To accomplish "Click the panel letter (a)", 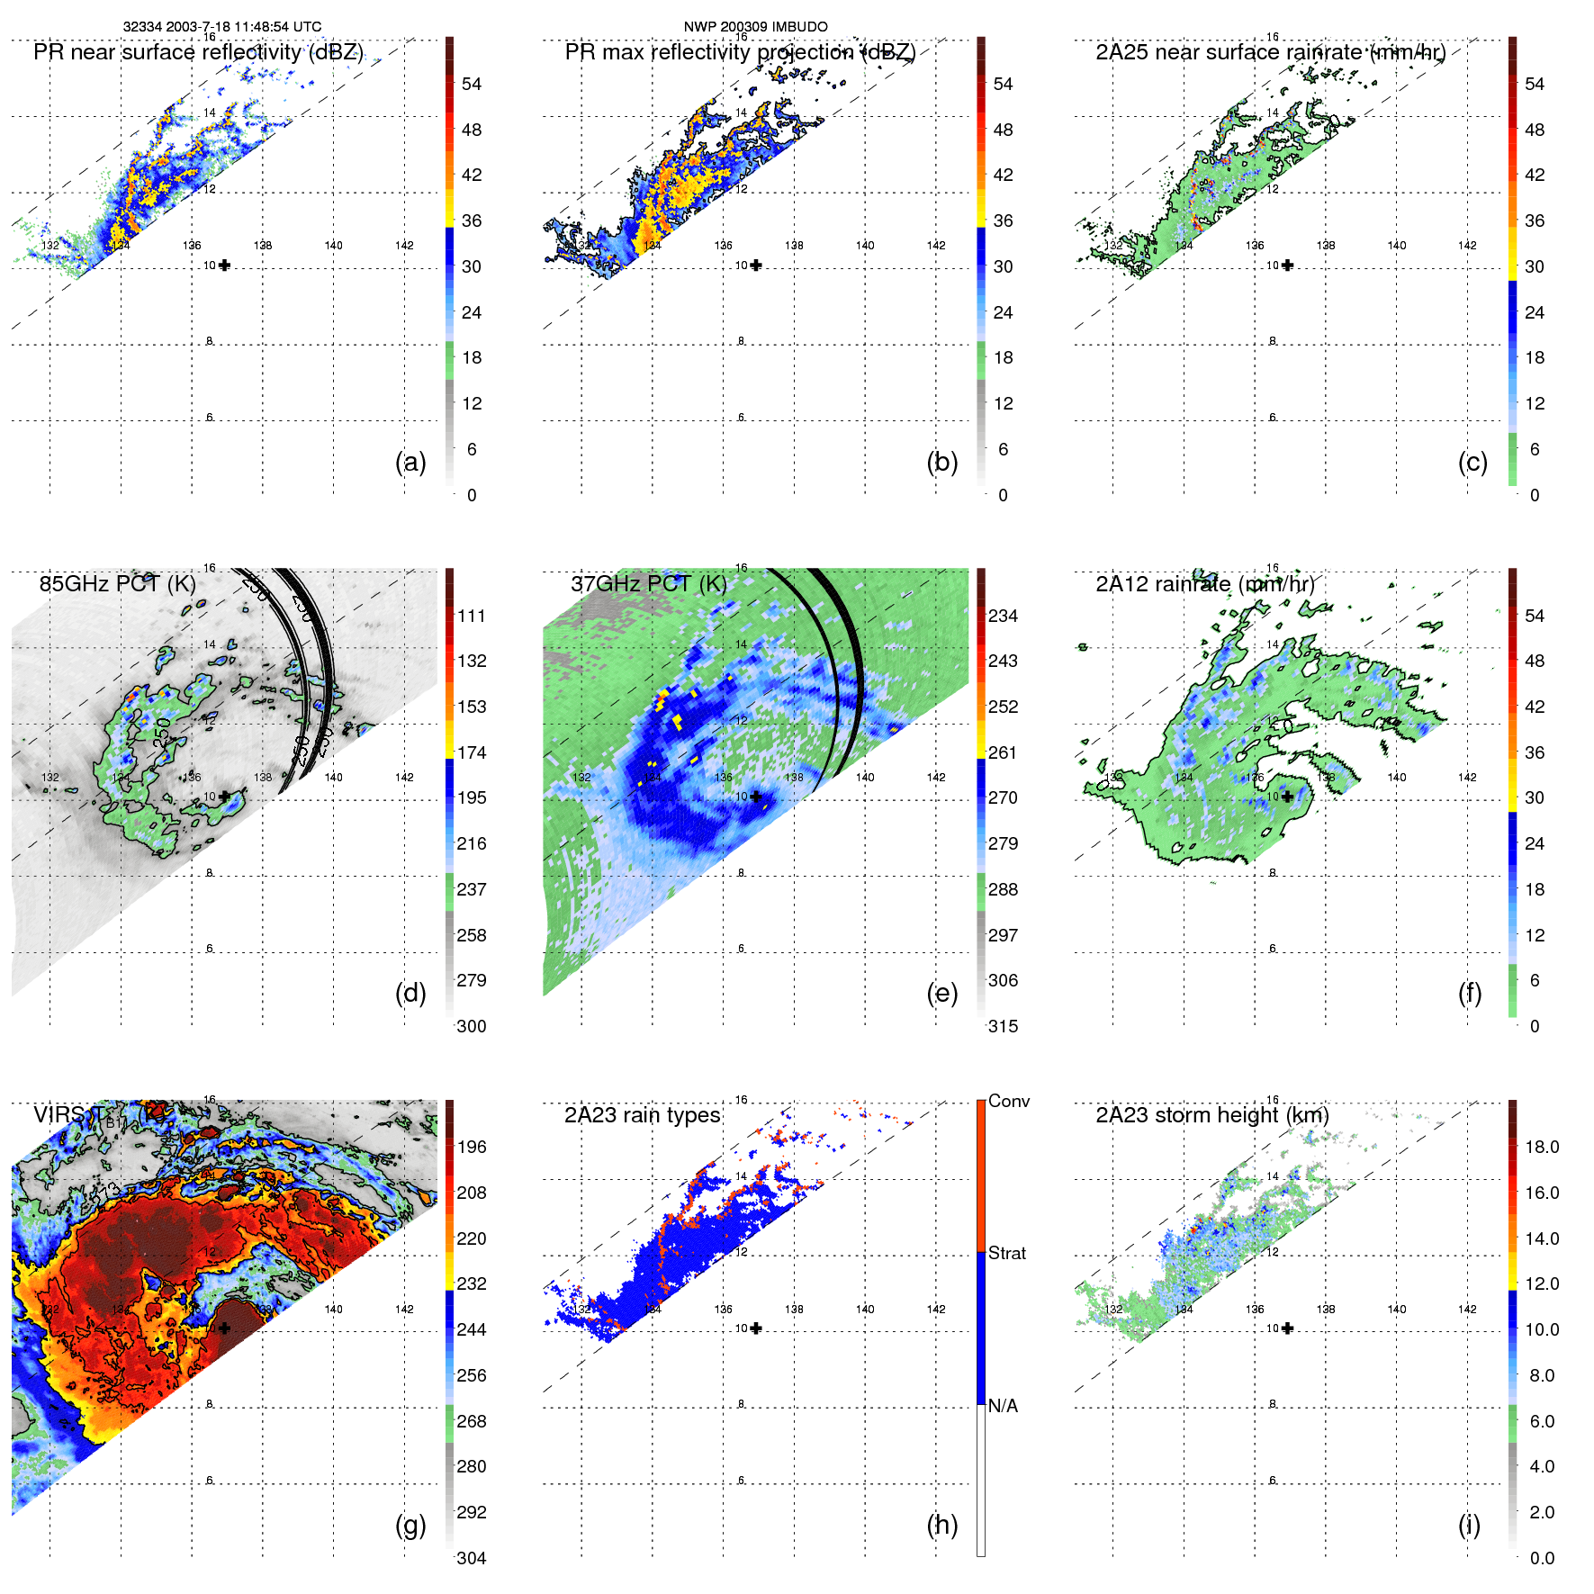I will (410, 462).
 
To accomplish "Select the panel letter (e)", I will (941, 993).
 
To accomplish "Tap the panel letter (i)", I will (1469, 1525).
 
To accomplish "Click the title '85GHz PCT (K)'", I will (117, 583).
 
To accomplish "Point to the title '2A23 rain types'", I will (642, 1115).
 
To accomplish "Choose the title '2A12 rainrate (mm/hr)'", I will (1204, 583).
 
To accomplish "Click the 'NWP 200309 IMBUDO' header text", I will (755, 27).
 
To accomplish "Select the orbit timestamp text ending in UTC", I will (221, 27).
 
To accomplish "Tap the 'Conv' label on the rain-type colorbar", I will (1008, 1101).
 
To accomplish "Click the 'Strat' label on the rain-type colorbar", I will (1006, 1253).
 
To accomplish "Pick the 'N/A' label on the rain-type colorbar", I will (1003, 1406).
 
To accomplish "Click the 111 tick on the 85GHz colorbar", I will (472, 616).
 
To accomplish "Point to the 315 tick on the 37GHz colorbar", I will (1003, 1026).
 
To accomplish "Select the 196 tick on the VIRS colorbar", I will (472, 1147).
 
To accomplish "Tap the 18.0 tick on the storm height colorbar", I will (1541, 1147).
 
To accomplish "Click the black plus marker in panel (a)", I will (224, 265).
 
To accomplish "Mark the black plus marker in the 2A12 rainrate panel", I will (1287, 797).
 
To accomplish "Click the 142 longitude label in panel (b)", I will (936, 245).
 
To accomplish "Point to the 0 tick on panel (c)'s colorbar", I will (1535, 495).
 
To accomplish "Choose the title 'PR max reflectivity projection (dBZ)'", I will (739, 52).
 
